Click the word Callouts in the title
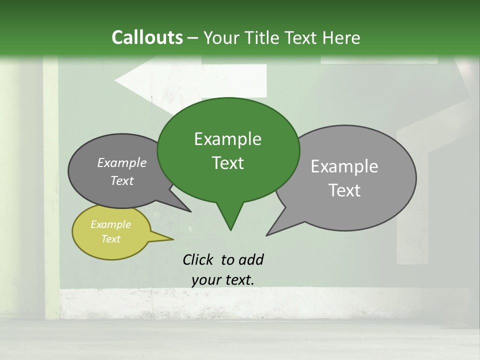coord(147,37)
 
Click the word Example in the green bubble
coord(227,139)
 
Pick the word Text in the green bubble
coord(227,163)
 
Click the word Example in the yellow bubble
coord(110,224)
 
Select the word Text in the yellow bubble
coord(110,239)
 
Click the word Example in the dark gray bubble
coord(121,162)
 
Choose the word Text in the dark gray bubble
coord(121,180)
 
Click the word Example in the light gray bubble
coord(344,166)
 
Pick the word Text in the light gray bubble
coord(344,190)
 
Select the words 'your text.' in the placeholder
coord(222,280)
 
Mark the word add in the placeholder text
coord(251,259)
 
